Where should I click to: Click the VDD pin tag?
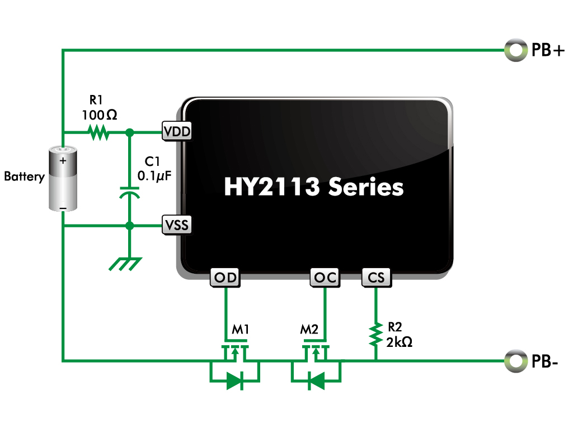[176, 131]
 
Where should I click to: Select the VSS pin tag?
[176, 225]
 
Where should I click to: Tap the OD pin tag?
[225, 278]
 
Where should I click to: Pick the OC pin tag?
[325, 278]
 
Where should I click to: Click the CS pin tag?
[377, 278]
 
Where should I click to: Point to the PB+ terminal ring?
[516, 50]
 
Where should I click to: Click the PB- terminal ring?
[516, 361]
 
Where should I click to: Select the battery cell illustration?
[63, 179]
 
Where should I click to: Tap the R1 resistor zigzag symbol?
[98, 132]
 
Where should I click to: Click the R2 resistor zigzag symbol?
[375, 334]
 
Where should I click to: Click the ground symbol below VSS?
[126, 264]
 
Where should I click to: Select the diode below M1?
[235, 381]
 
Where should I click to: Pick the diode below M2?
[316, 381]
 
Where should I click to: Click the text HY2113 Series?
[314, 187]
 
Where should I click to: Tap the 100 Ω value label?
[100, 115]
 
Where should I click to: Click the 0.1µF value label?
[154, 176]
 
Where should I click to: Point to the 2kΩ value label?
[400, 342]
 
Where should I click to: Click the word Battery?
[25, 177]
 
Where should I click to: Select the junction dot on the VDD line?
[129, 132]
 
